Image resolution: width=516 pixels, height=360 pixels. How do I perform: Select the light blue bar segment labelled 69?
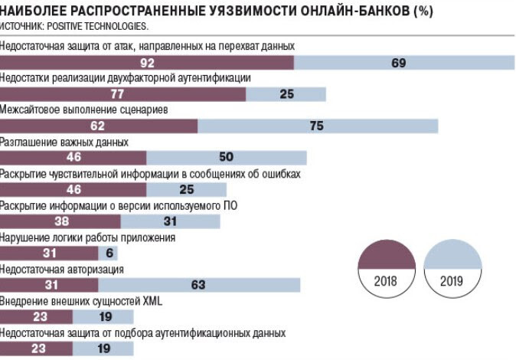coord(398,63)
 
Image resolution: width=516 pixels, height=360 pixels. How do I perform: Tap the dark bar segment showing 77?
coord(117,94)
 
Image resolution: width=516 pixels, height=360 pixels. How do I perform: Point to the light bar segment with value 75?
coord(317,126)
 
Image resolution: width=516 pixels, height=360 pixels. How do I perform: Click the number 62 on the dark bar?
coord(97,126)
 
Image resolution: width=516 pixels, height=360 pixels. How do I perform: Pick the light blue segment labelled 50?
coord(226,158)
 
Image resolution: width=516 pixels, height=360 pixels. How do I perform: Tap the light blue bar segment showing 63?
coord(198,286)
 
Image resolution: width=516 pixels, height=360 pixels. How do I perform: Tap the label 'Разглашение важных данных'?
coord(64,142)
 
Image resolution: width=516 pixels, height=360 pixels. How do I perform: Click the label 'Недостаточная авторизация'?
coord(62,270)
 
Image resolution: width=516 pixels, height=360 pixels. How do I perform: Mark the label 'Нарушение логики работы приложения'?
coord(88,237)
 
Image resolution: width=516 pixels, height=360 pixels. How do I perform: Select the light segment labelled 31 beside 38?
coord(170,221)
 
